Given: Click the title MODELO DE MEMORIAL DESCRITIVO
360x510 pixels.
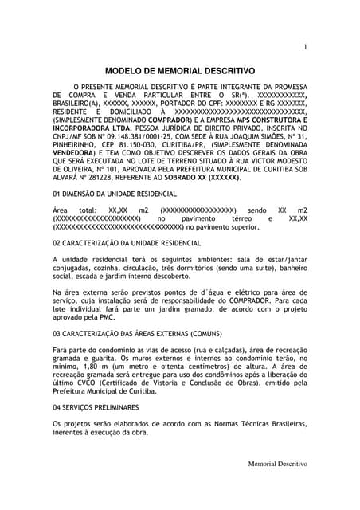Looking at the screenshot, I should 180,70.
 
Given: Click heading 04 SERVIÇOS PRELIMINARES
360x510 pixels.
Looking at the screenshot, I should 96,406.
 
